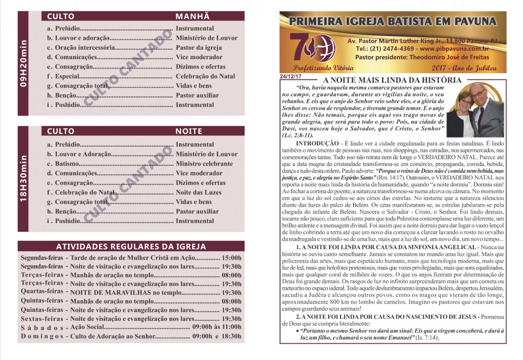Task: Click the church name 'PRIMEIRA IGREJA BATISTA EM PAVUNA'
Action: point(392,22)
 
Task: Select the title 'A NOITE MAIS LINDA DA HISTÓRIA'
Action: point(392,80)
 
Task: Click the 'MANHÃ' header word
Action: point(192,16)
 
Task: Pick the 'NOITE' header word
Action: point(189,131)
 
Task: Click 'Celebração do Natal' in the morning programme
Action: point(206,76)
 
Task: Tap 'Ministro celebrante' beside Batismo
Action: point(204,164)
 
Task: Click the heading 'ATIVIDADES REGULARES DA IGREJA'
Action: point(131,246)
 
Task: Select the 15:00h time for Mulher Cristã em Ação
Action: point(232,258)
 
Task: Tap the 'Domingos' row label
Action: point(43,336)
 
